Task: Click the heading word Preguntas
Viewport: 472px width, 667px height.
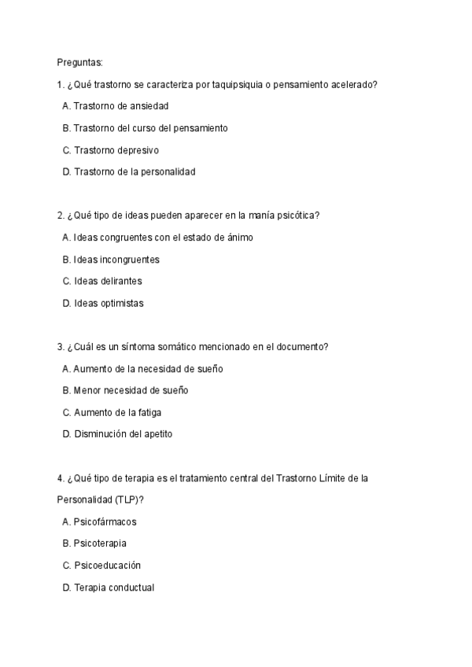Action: point(80,61)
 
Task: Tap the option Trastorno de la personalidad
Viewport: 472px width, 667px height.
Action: point(128,171)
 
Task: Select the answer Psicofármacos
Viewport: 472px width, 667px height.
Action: point(98,521)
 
